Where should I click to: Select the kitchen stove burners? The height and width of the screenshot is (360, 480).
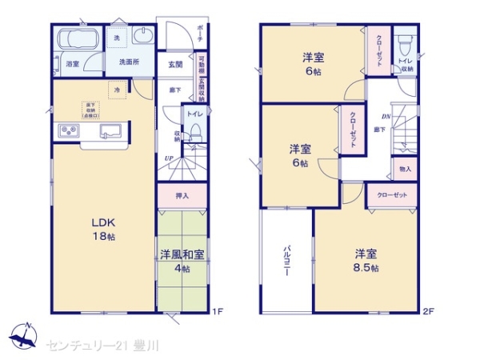(67, 131)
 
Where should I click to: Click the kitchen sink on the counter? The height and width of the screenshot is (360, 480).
(110, 130)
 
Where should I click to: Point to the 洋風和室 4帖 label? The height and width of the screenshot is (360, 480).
(182, 262)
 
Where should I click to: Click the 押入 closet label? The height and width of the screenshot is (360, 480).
(182, 194)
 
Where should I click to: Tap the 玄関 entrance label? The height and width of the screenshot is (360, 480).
(175, 65)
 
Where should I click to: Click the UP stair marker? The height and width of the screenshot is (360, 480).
(169, 158)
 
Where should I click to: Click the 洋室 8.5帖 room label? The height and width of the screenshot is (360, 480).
(367, 260)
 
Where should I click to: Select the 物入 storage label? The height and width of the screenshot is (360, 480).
(404, 169)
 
